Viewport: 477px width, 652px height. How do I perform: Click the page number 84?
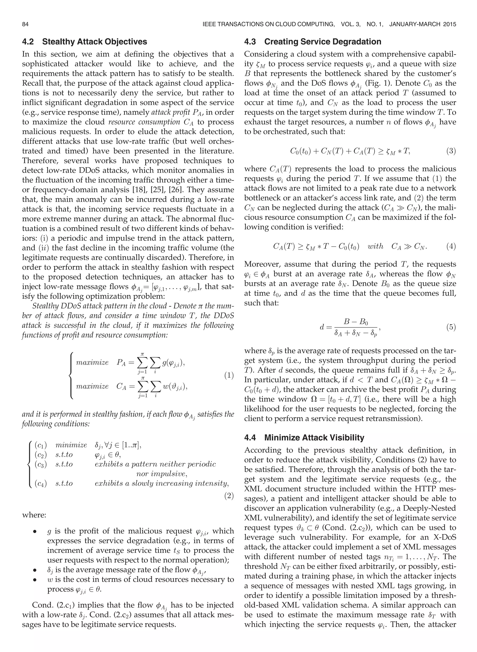tap(25, 24)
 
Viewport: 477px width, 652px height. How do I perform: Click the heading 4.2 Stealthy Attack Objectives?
tap(85, 42)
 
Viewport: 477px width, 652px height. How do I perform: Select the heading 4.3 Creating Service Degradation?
tap(313, 42)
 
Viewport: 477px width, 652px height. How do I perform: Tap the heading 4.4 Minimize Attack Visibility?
tap(304, 437)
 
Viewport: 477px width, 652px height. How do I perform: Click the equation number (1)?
tap(229, 376)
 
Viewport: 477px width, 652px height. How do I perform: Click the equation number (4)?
tap(451, 246)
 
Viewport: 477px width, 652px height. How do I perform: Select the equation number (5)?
tap(451, 327)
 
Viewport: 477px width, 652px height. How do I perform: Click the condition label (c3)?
tap(41, 465)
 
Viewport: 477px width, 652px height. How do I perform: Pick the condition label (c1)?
tap(41, 445)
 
